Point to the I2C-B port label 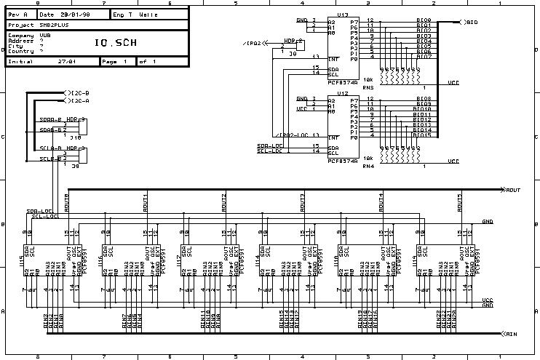[79, 93]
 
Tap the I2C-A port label [79, 102]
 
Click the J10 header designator [75, 136]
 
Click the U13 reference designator [341, 14]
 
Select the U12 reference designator [341, 93]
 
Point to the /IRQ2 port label [254, 44]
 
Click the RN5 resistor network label [368, 87]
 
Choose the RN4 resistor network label [368, 166]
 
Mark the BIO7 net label [424, 57]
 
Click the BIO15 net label [425, 135]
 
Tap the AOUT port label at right [513, 190]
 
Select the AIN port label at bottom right [512, 334]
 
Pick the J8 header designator [293, 54]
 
